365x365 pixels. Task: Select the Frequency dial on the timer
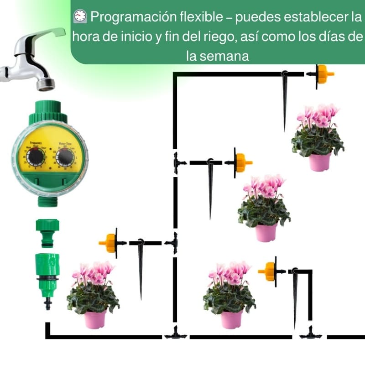pyautogui.click(x=35, y=157)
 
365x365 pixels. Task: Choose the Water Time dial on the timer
pyautogui.click(x=65, y=157)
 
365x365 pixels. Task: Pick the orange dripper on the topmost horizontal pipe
pyautogui.click(x=323, y=74)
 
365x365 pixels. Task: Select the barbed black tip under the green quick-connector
pyautogui.click(x=47, y=303)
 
